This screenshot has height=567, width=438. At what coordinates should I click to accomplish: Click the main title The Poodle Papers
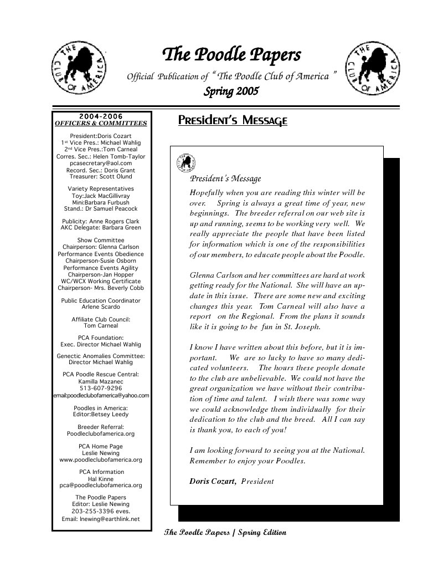click(x=231, y=55)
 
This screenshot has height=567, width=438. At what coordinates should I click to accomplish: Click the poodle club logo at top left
click(x=76, y=69)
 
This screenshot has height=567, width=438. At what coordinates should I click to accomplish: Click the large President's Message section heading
click(x=232, y=120)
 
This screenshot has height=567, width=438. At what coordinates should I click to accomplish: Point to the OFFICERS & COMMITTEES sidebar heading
click(x=101, y=123)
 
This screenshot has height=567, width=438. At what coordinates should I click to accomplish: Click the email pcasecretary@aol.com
click(x=101, y=164)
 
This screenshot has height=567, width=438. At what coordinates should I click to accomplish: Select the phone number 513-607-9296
click(x=101, y=389)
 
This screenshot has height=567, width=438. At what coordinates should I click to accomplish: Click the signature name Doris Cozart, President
click(x=231, y=481)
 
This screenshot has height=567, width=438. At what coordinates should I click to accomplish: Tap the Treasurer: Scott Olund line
click(x=101, y=177)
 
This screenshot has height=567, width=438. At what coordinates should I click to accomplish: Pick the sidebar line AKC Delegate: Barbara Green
click(x=101, y=228)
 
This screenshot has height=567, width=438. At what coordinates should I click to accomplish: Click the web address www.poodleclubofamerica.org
click(x=101, y=459)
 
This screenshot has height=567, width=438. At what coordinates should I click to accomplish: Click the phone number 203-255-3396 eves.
click(x=101, y=512)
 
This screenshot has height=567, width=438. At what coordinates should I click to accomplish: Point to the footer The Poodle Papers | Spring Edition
click(x=225, y=533)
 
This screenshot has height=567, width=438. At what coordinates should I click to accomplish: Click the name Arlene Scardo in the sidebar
click(x=101, y=307)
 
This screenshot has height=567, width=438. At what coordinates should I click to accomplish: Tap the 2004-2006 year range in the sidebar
click(x=101, y=116)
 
